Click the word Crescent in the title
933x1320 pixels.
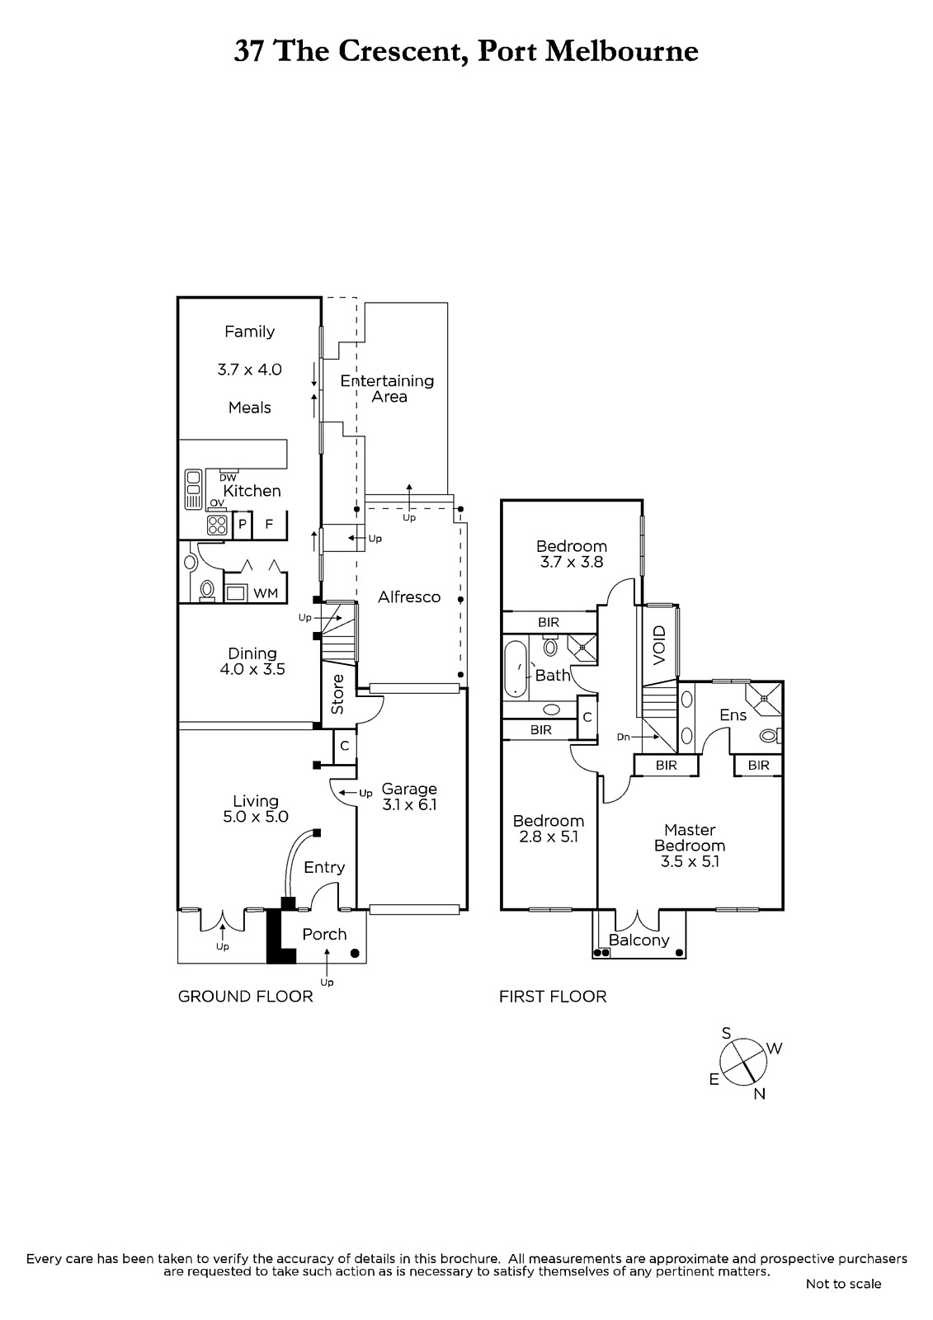click(398, 51)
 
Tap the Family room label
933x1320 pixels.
click(249, 332)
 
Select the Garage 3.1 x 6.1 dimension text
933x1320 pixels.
click(410, 804)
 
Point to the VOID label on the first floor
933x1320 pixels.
click(659, 645)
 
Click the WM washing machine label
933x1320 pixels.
click(266, 593)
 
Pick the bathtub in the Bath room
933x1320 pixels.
click(515, 669)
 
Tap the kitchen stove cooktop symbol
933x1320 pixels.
click(217, 525)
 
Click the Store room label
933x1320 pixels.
click(337, 695)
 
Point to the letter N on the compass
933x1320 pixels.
click(760, 1094)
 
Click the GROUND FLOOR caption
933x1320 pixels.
click(245, 997)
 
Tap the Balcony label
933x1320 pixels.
click(638, 940)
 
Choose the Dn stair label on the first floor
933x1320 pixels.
click(623, 737)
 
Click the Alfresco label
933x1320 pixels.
click(409, 597)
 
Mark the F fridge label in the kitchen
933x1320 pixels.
click(269, 523)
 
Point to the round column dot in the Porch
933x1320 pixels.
click(354, 953)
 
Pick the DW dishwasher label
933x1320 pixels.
click(228, 478)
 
